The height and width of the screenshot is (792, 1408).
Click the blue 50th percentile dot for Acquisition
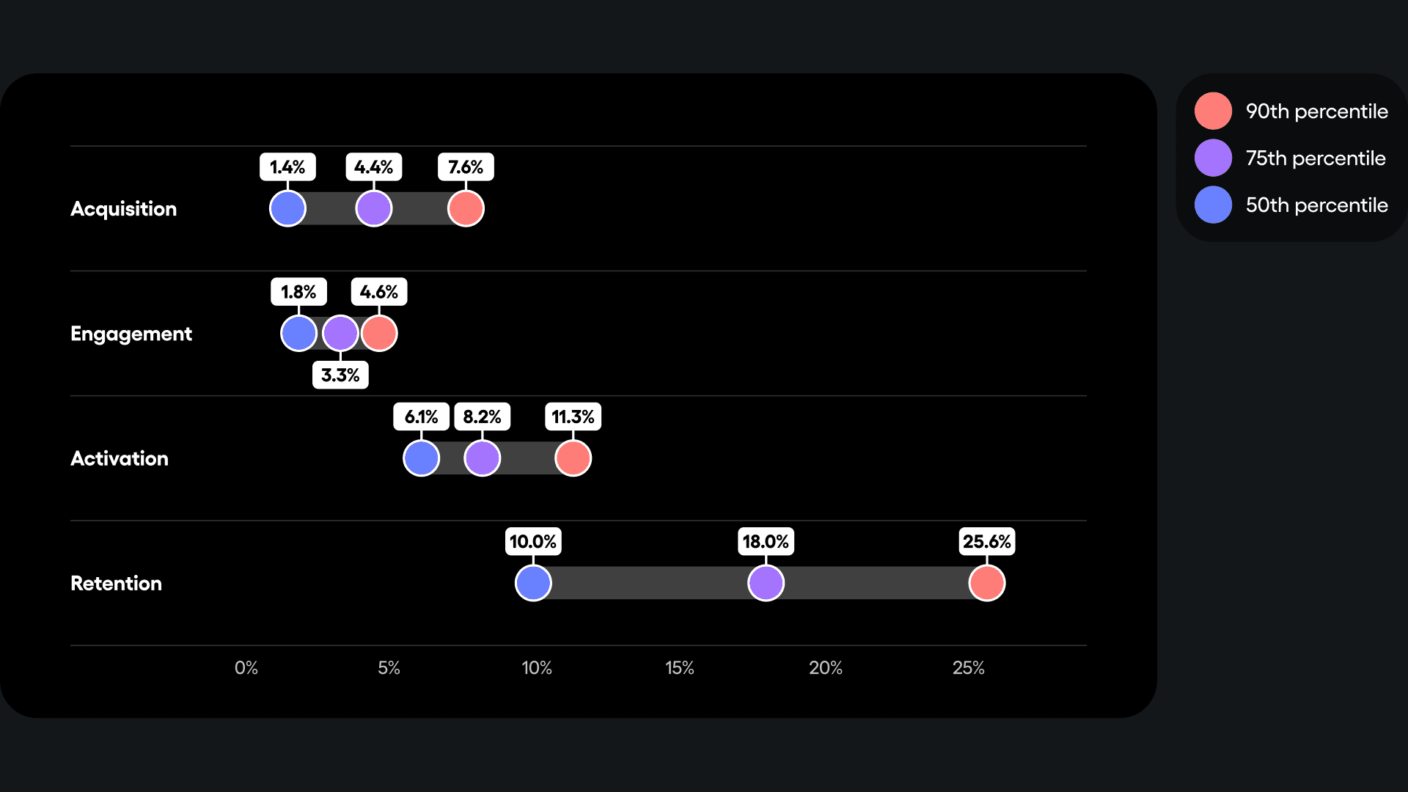[x=287, y=209]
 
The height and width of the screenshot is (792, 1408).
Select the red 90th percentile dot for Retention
[x=986, y=583]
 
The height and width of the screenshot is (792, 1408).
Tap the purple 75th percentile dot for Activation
[x=482, y=458]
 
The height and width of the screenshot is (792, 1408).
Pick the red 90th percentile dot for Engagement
[x=379, y=334]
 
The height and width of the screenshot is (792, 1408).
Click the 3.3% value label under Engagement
[x=340, y=375]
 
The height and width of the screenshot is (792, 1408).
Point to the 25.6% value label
[x=986, y=542]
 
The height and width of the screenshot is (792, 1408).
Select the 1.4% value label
[x=287, y=167]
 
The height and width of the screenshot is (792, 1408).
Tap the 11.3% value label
[x=573, y=417]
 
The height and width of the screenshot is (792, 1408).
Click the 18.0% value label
[x=766, y=542]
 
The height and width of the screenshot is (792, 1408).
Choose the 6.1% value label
[x=421, y=417]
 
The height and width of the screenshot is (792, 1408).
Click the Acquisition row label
[x=123, y=209]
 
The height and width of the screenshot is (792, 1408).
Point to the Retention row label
[x=116, y=584]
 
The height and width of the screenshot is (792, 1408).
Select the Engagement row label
[x=131, y=334]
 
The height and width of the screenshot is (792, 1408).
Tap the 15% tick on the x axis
[x=679, y=668]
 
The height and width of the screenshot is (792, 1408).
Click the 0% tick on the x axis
[x=246, y=668]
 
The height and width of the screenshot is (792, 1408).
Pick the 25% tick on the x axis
[x=968, y=668]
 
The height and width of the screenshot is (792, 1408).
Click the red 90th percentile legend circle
[x=1213, y=111]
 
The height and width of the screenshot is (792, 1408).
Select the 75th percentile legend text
[x=1316, y=158]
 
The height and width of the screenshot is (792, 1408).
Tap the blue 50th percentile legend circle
[x=1213, y=205]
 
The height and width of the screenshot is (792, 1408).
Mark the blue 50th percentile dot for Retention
[x=533, y=583]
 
